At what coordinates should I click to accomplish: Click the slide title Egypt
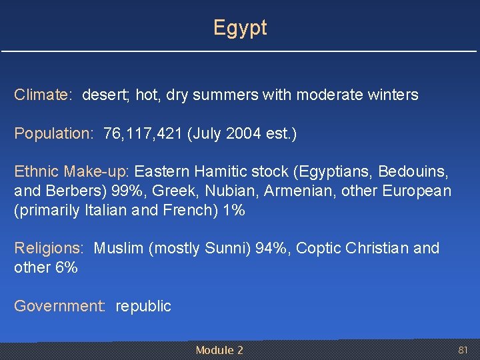pos(240,28)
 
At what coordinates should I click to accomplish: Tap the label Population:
pos(54,134)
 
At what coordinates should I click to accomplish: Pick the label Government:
pos(59,307)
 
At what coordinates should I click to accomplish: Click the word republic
pos(143,307)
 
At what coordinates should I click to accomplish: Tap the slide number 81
pos(463,350)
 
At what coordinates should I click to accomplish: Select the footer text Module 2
pos(219,350)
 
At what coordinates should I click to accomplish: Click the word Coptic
pos(317,249)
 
